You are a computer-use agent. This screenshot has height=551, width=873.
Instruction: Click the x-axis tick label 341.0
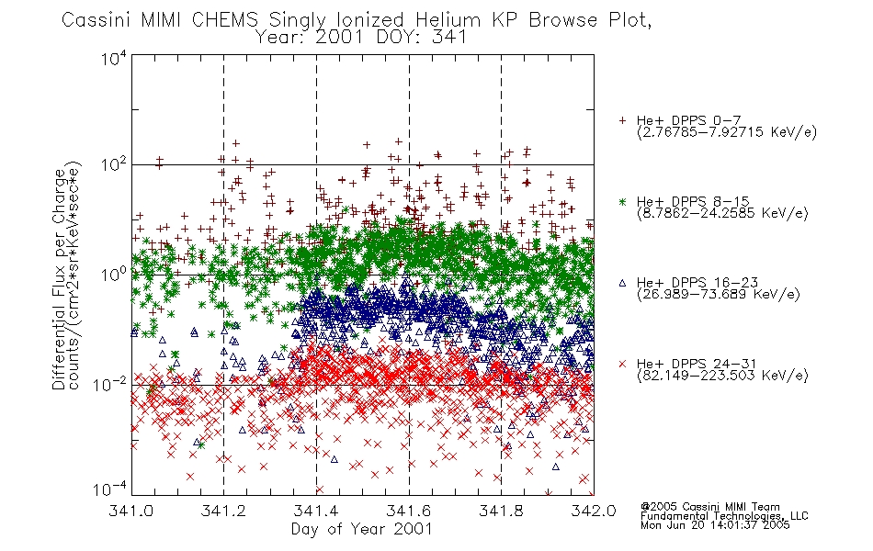click(130, 511)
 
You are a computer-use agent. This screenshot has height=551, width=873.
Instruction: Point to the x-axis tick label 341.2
click(223, 511)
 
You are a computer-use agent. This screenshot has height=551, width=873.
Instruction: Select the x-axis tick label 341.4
click(316, 511)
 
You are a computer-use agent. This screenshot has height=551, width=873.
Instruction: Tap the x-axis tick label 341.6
click(409, 511)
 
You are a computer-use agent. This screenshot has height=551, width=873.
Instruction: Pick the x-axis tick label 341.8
click(501, 511)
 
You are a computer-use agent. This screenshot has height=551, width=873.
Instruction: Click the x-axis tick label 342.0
click(594, 511)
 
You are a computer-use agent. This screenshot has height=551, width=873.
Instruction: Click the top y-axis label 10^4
click(113, 59)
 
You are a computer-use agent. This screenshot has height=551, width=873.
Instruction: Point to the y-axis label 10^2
click(113, 165)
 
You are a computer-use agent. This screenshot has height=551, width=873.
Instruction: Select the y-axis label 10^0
click(113, 275)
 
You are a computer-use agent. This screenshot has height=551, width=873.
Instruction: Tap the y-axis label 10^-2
click(110, 384)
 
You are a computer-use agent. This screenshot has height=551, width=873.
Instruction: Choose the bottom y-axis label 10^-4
click(110, 489)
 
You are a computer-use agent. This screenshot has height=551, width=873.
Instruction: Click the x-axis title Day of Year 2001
click(362, 529)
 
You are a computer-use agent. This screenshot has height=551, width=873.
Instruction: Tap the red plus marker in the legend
click(622, 120)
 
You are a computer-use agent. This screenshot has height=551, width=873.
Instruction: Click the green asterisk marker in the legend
click(622, 201)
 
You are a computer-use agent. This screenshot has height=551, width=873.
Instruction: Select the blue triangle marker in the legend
click(622, 283)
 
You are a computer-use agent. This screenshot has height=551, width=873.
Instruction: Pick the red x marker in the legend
click(622, 364)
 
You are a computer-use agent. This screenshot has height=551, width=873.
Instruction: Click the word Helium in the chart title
click(448, 20)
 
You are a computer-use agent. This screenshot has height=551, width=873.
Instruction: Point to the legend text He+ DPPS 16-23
click(697, 283)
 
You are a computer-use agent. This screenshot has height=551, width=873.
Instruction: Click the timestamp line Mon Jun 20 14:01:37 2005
click(715, 525)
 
